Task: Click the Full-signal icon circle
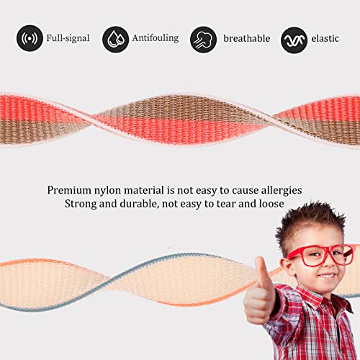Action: (30, 38)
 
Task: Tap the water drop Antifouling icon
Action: (115, 38)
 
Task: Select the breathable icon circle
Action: (204, 38)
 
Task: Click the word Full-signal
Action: (68, 37)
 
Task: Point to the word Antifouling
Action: (155, 37)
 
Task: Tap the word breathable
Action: (246, 37)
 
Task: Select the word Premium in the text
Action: (71, 190)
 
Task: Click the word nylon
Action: (115, 190)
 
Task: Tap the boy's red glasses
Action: (319, 253)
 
